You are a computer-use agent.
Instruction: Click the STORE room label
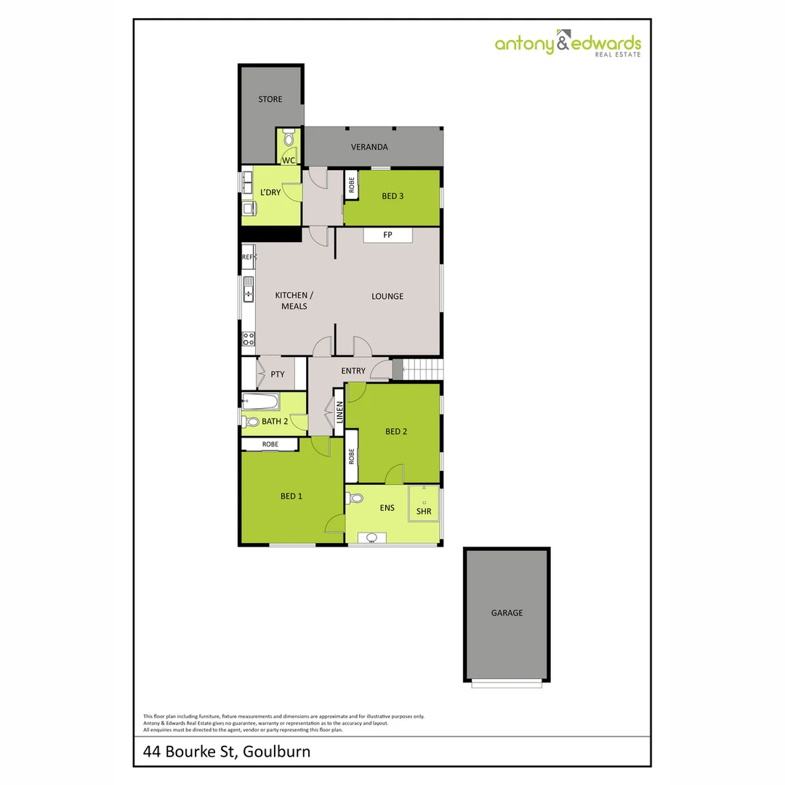tap(270, 99)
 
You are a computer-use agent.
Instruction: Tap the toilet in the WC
tap(289, 138)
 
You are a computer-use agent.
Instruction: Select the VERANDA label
tap(369, 147)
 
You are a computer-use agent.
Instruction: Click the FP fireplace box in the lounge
tap(387, 235)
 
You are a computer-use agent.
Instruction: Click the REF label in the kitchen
tap(248, 257)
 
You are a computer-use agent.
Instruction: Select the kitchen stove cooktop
tap(248, 338)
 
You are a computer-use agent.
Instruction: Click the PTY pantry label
tap(277, 374)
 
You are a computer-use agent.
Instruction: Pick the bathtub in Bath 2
tap(260, 400)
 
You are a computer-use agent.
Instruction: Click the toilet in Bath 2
tap(251, 422)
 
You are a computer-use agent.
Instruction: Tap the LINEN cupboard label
tap(339, 413)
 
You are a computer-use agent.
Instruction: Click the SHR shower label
tap(424, 512)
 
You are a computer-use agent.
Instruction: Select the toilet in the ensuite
tap(355, 499)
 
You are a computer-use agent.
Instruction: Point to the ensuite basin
tap(371, 538)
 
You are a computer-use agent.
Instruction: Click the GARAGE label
tap(507, 613)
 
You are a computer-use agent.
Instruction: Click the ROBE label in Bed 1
tap(270, 444)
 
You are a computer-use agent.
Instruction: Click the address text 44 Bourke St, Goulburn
tap(227, 751)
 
